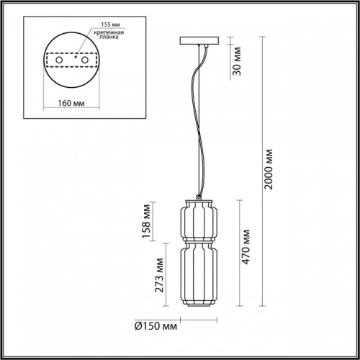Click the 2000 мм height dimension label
pyautogui.click(x=269, y=171)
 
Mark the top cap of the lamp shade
pyautogui.click(x=198, y=197)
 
